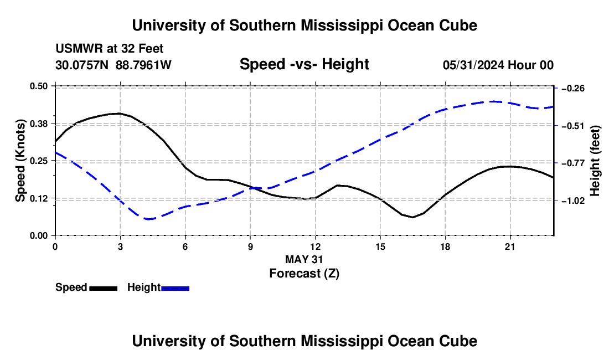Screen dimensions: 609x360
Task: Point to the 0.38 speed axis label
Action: [x=38, y=124]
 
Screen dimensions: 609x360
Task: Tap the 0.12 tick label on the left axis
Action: [x=38, y=198]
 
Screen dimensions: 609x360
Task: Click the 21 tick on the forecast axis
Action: [x=509, y=246]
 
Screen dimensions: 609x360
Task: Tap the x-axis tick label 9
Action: [x=250, y=246]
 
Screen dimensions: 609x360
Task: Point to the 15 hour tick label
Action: [x=380, y=246]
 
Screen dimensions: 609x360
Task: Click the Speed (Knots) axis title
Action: [x=20, y=161]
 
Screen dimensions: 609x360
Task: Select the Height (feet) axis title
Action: [x=595, y=161]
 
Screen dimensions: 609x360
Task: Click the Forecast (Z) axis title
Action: [x=304, y=274]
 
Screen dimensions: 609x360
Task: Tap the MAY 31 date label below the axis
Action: [x=304, y=259]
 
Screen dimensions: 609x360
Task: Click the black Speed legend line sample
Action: [x=104, y=288]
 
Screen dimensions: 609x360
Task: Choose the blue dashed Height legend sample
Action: [x=175, y=288]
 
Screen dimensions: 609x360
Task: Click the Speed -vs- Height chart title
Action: [x=304, y=64]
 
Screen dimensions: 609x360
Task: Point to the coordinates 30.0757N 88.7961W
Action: [x=113, y=65]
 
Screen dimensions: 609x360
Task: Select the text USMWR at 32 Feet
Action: [x=110, y=49]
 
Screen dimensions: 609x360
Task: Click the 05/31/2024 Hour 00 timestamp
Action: [x=498, y=65]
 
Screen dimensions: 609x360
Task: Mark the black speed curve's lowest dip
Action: [x=413, y=217]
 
